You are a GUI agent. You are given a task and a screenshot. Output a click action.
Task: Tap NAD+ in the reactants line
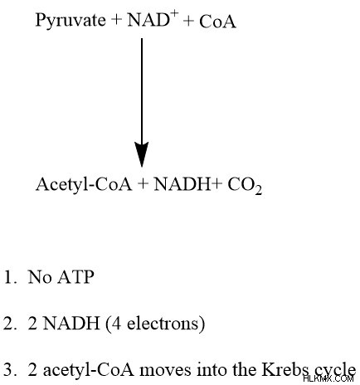(153, 19)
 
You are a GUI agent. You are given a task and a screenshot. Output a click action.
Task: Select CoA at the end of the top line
(217, 22)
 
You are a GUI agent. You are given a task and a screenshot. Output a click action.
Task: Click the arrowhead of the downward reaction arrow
(142, 154)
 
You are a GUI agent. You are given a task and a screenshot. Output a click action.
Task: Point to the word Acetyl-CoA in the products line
(84, 185)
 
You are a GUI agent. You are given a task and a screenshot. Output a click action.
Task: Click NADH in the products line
(182, 184)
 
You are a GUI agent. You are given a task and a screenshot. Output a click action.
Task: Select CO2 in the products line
(245, 186)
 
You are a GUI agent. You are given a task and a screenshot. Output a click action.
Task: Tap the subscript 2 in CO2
(258, 191)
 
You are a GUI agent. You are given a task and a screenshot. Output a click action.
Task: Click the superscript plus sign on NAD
(174, 15)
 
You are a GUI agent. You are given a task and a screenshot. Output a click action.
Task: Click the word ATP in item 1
(75, 277)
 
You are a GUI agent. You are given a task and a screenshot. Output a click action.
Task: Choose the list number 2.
(11, 324)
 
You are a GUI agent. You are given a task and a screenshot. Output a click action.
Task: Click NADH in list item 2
(71, 323)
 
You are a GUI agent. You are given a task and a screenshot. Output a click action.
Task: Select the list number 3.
(11, 370)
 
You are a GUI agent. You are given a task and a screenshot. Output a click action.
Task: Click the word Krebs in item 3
(287, 369)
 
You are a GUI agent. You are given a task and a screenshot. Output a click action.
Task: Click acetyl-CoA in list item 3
(89, 370)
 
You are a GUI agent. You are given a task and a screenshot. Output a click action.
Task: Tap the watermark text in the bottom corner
(328, 378)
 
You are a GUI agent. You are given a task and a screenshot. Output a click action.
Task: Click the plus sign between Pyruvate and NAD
(116, 20)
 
